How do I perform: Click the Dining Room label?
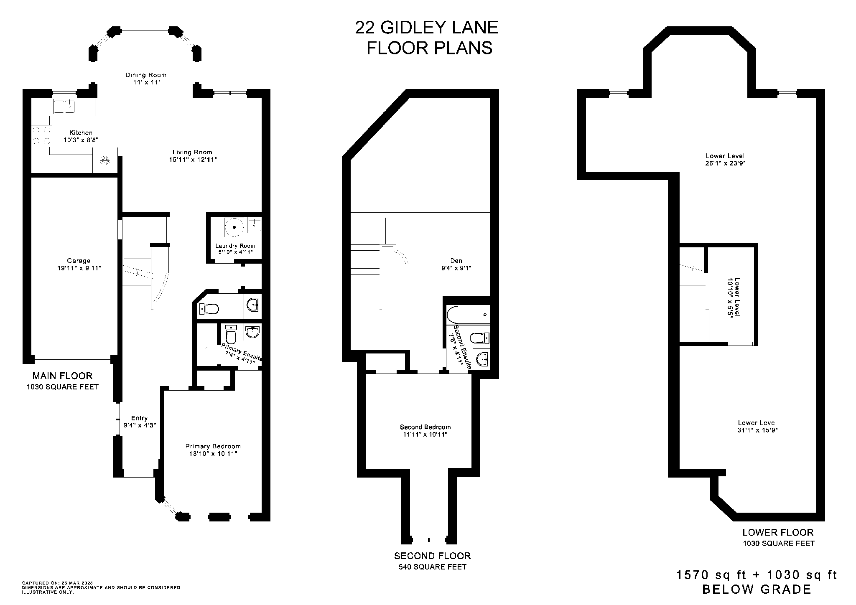(x=145, y=75)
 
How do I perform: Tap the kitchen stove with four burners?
(x=41, y=135)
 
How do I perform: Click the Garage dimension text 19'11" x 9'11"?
(x=79, y=268)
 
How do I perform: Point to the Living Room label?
(x=192, y=152)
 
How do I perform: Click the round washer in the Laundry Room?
(x=235, y=227)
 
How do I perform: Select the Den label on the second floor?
(x=456, y=261)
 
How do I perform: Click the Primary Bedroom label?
(x=213, y=446)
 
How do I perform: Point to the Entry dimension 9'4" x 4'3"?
(x=140, y=425)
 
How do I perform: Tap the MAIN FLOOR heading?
(x=62, y=376)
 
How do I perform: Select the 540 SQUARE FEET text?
(x=432, y=567)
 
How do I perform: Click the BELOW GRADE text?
(x=757, y=590)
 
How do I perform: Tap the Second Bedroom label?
(x=425, y=427)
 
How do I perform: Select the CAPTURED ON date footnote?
(x=57, y=583)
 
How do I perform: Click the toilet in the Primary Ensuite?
(x=231, y=335)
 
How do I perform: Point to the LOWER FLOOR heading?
(x=778, y=533)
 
